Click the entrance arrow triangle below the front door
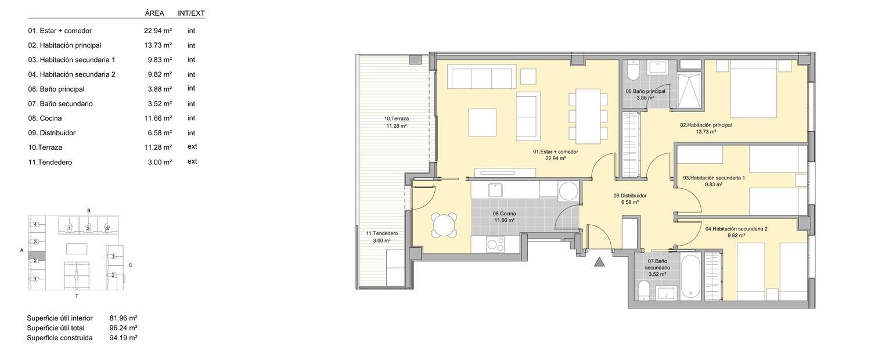pyautogui.click(x=599, y=263)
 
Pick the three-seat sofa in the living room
pyautogui.click(x=481, y=76)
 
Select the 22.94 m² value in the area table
pyautogui.click(x=158, y=31)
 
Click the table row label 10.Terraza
pyautogui.click(x=45, y=147)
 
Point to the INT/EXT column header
pyautogui.click(x=191, y=13)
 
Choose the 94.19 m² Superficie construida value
pyautogui.click(x=123, y=338)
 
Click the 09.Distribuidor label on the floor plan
pyautogui.click(x=630, y=196)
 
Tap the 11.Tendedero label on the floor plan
pyautogui.click(x=382, y=233)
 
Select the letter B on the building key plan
pyautogui.click(x=89, y=211)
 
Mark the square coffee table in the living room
pyautogui.click(x=482, y=122)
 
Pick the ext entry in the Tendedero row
pyautogui.click(x=192, y=161)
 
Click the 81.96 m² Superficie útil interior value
pyautogui.click(x=123, y=318)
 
